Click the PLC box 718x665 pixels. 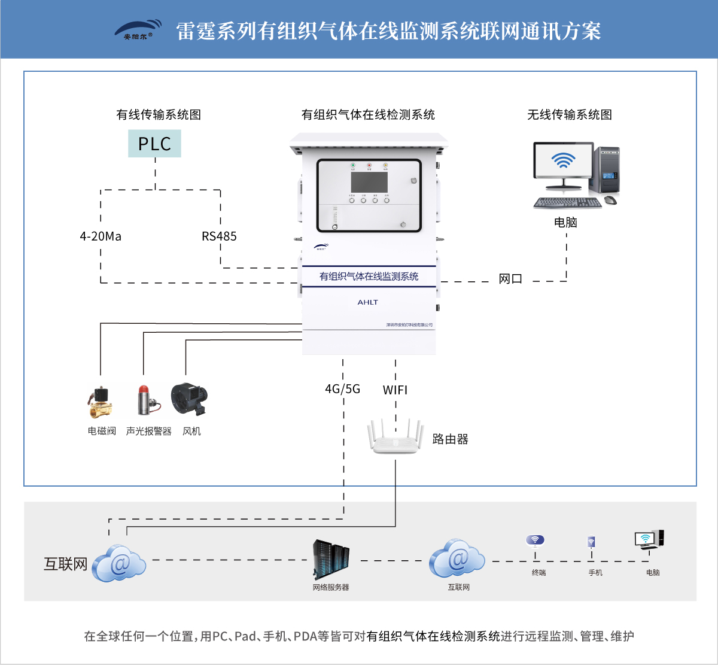(154, 144)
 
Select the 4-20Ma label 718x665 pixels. (101, 236)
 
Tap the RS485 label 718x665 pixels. (219, 236)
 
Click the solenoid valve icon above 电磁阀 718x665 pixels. (99, 402)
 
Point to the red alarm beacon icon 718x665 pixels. (145, 400)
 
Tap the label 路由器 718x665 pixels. (450, 439)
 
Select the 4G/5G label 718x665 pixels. (342, 389)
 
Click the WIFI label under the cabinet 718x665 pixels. (395, 390)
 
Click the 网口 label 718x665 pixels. (510, 279)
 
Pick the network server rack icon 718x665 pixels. (331, 559)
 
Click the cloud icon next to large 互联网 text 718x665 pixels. (119, 563)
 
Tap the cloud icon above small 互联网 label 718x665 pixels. (457, 558)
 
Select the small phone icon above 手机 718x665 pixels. (591, 542)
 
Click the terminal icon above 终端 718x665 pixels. (535, 541)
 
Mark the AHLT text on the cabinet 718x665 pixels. (368, 302)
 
